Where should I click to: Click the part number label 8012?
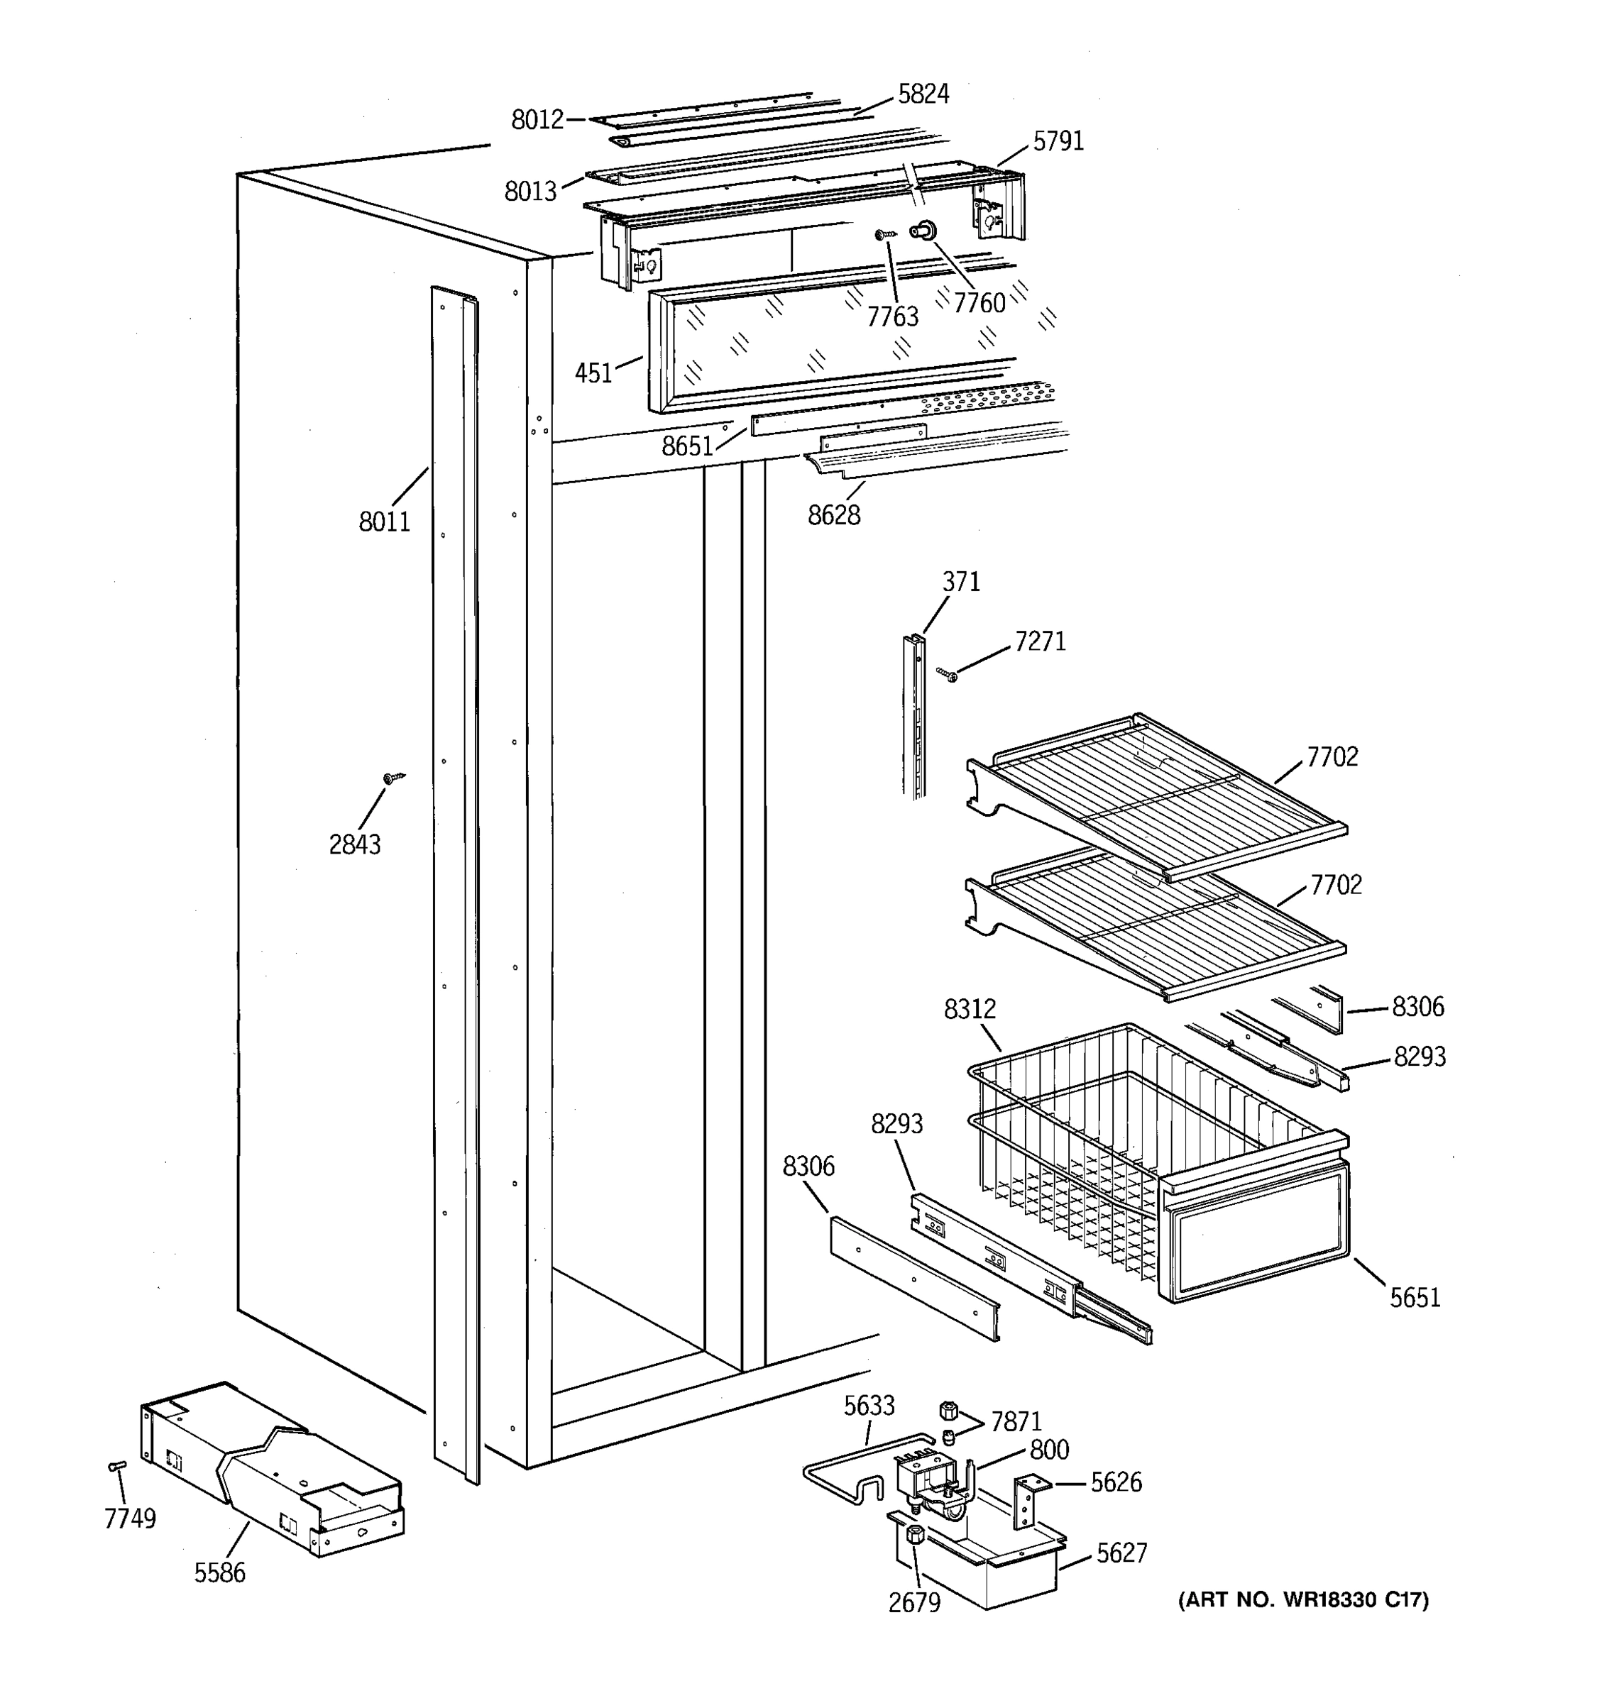click(537, 120)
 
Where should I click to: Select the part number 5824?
click(923, 94)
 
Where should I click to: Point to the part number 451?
click(593, 373)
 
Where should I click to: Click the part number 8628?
click(833, 515)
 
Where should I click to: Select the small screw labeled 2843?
click(393, 778)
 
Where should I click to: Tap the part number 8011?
click(384, 521)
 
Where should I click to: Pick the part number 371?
click(960, 583)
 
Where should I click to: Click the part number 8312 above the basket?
click(970, 1010)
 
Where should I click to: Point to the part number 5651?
click(1415, 1298)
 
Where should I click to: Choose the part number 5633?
click(869, 1406)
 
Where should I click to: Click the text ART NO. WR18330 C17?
click(1303, 1599)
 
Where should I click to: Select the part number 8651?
click(687, 446)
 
